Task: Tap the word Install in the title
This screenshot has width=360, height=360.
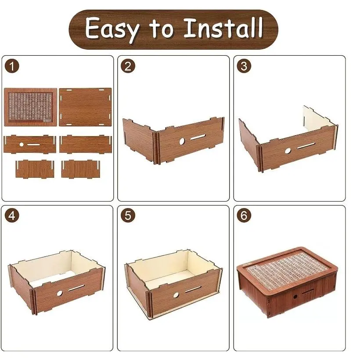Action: click(223, 28)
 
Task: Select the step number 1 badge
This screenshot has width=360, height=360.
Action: click(12, 66)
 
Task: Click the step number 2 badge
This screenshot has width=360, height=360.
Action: click(128, 66)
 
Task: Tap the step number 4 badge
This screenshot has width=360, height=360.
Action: click(12, 216)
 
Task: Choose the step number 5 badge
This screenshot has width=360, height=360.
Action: click(128, 216)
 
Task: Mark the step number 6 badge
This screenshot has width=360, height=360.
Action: click(244, 216)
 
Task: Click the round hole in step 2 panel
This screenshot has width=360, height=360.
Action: click(182, 141)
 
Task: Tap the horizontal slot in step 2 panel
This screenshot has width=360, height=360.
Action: click(198, 137)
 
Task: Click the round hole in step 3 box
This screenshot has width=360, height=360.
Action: click(288, 151)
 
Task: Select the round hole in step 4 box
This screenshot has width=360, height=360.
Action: click(59, 293)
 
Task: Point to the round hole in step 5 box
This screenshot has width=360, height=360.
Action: click(176, 295)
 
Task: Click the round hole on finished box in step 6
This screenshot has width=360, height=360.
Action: click(295, 297)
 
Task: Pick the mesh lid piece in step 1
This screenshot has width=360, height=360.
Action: click(31, 107)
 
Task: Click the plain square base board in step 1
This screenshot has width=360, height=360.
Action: click(85, 107)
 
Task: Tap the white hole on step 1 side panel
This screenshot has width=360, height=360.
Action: click(22, 144)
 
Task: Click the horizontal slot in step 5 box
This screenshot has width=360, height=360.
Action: click(193, 290)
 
